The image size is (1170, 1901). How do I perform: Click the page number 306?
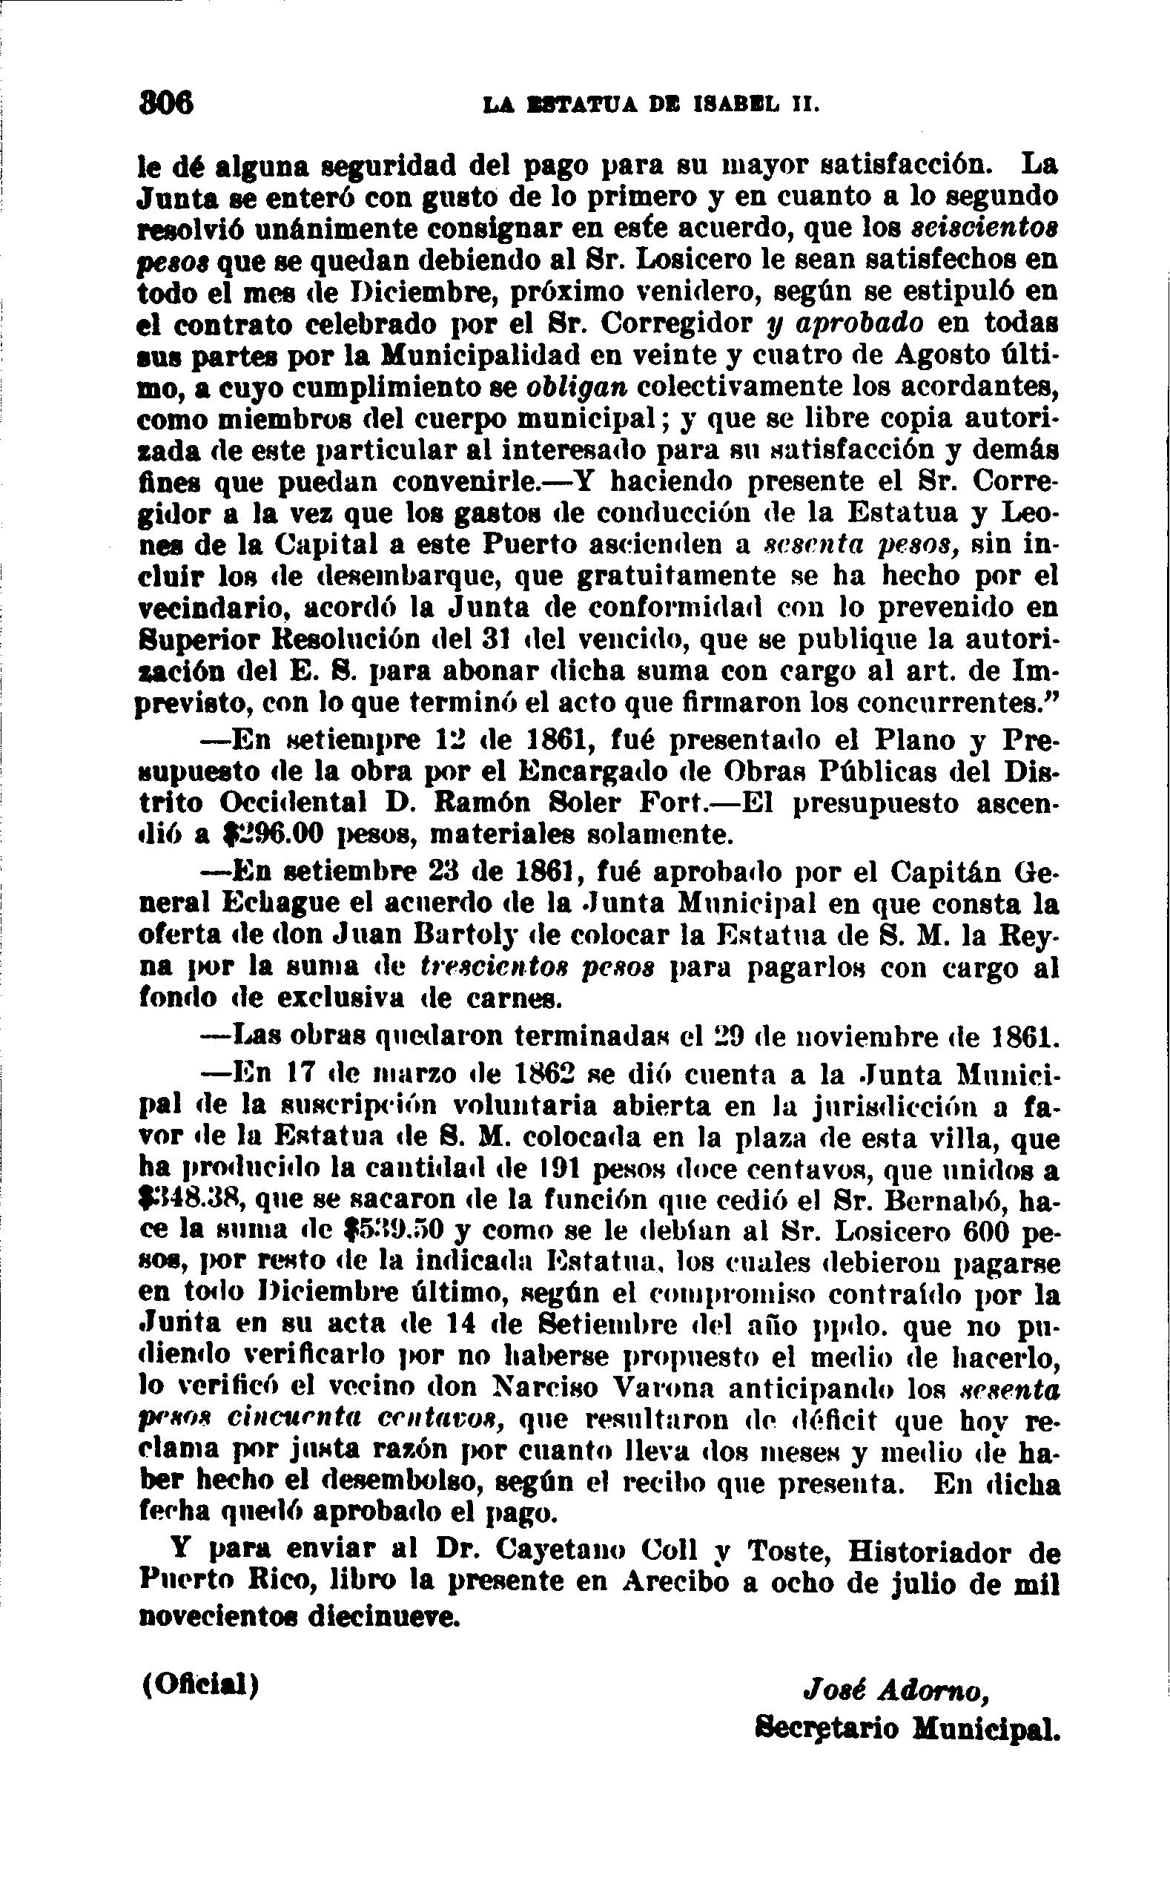[x=165, y=103]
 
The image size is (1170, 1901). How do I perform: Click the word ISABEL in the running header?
[x=742, y=104]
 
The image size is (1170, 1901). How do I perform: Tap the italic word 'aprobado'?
[x=856, y=323]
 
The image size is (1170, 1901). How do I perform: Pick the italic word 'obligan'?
[x=586, y=387]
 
